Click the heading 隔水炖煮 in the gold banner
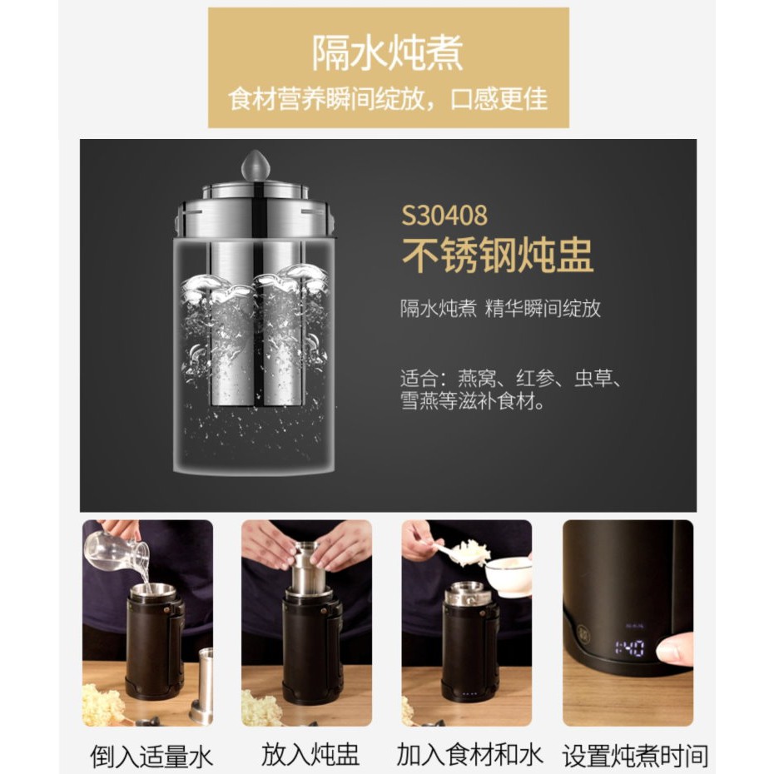tap(388, 52)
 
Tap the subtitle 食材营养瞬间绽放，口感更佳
tap(388, 99)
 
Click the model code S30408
tap(444, 216)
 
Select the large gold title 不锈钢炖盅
tap(498, 255)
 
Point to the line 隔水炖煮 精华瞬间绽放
tap(500, 309)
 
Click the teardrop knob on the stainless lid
tap(256, 166)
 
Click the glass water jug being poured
tap(117, 552)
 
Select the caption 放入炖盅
tap(310, 755)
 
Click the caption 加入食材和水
tap(469, 755)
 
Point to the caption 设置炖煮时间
tap(635, 756)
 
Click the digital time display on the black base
tap(629, 648)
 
